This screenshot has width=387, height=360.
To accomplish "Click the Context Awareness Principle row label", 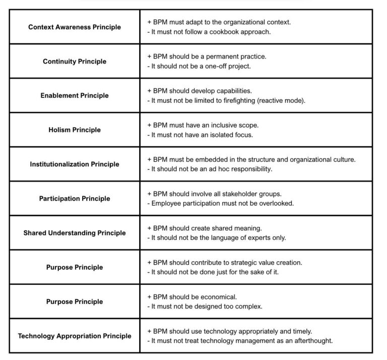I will (75, 27).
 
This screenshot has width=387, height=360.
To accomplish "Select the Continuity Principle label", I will (75, 61).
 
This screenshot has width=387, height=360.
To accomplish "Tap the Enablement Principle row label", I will (75, 95).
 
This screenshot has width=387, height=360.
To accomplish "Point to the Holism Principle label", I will (75, 130).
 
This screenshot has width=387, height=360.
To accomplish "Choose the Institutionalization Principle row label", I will (75, 164).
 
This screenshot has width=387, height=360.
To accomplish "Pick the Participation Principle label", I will (75, 198).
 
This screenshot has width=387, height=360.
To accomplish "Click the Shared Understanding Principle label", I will (75, 232).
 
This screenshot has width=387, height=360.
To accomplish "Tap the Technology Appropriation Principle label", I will (75, 335).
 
